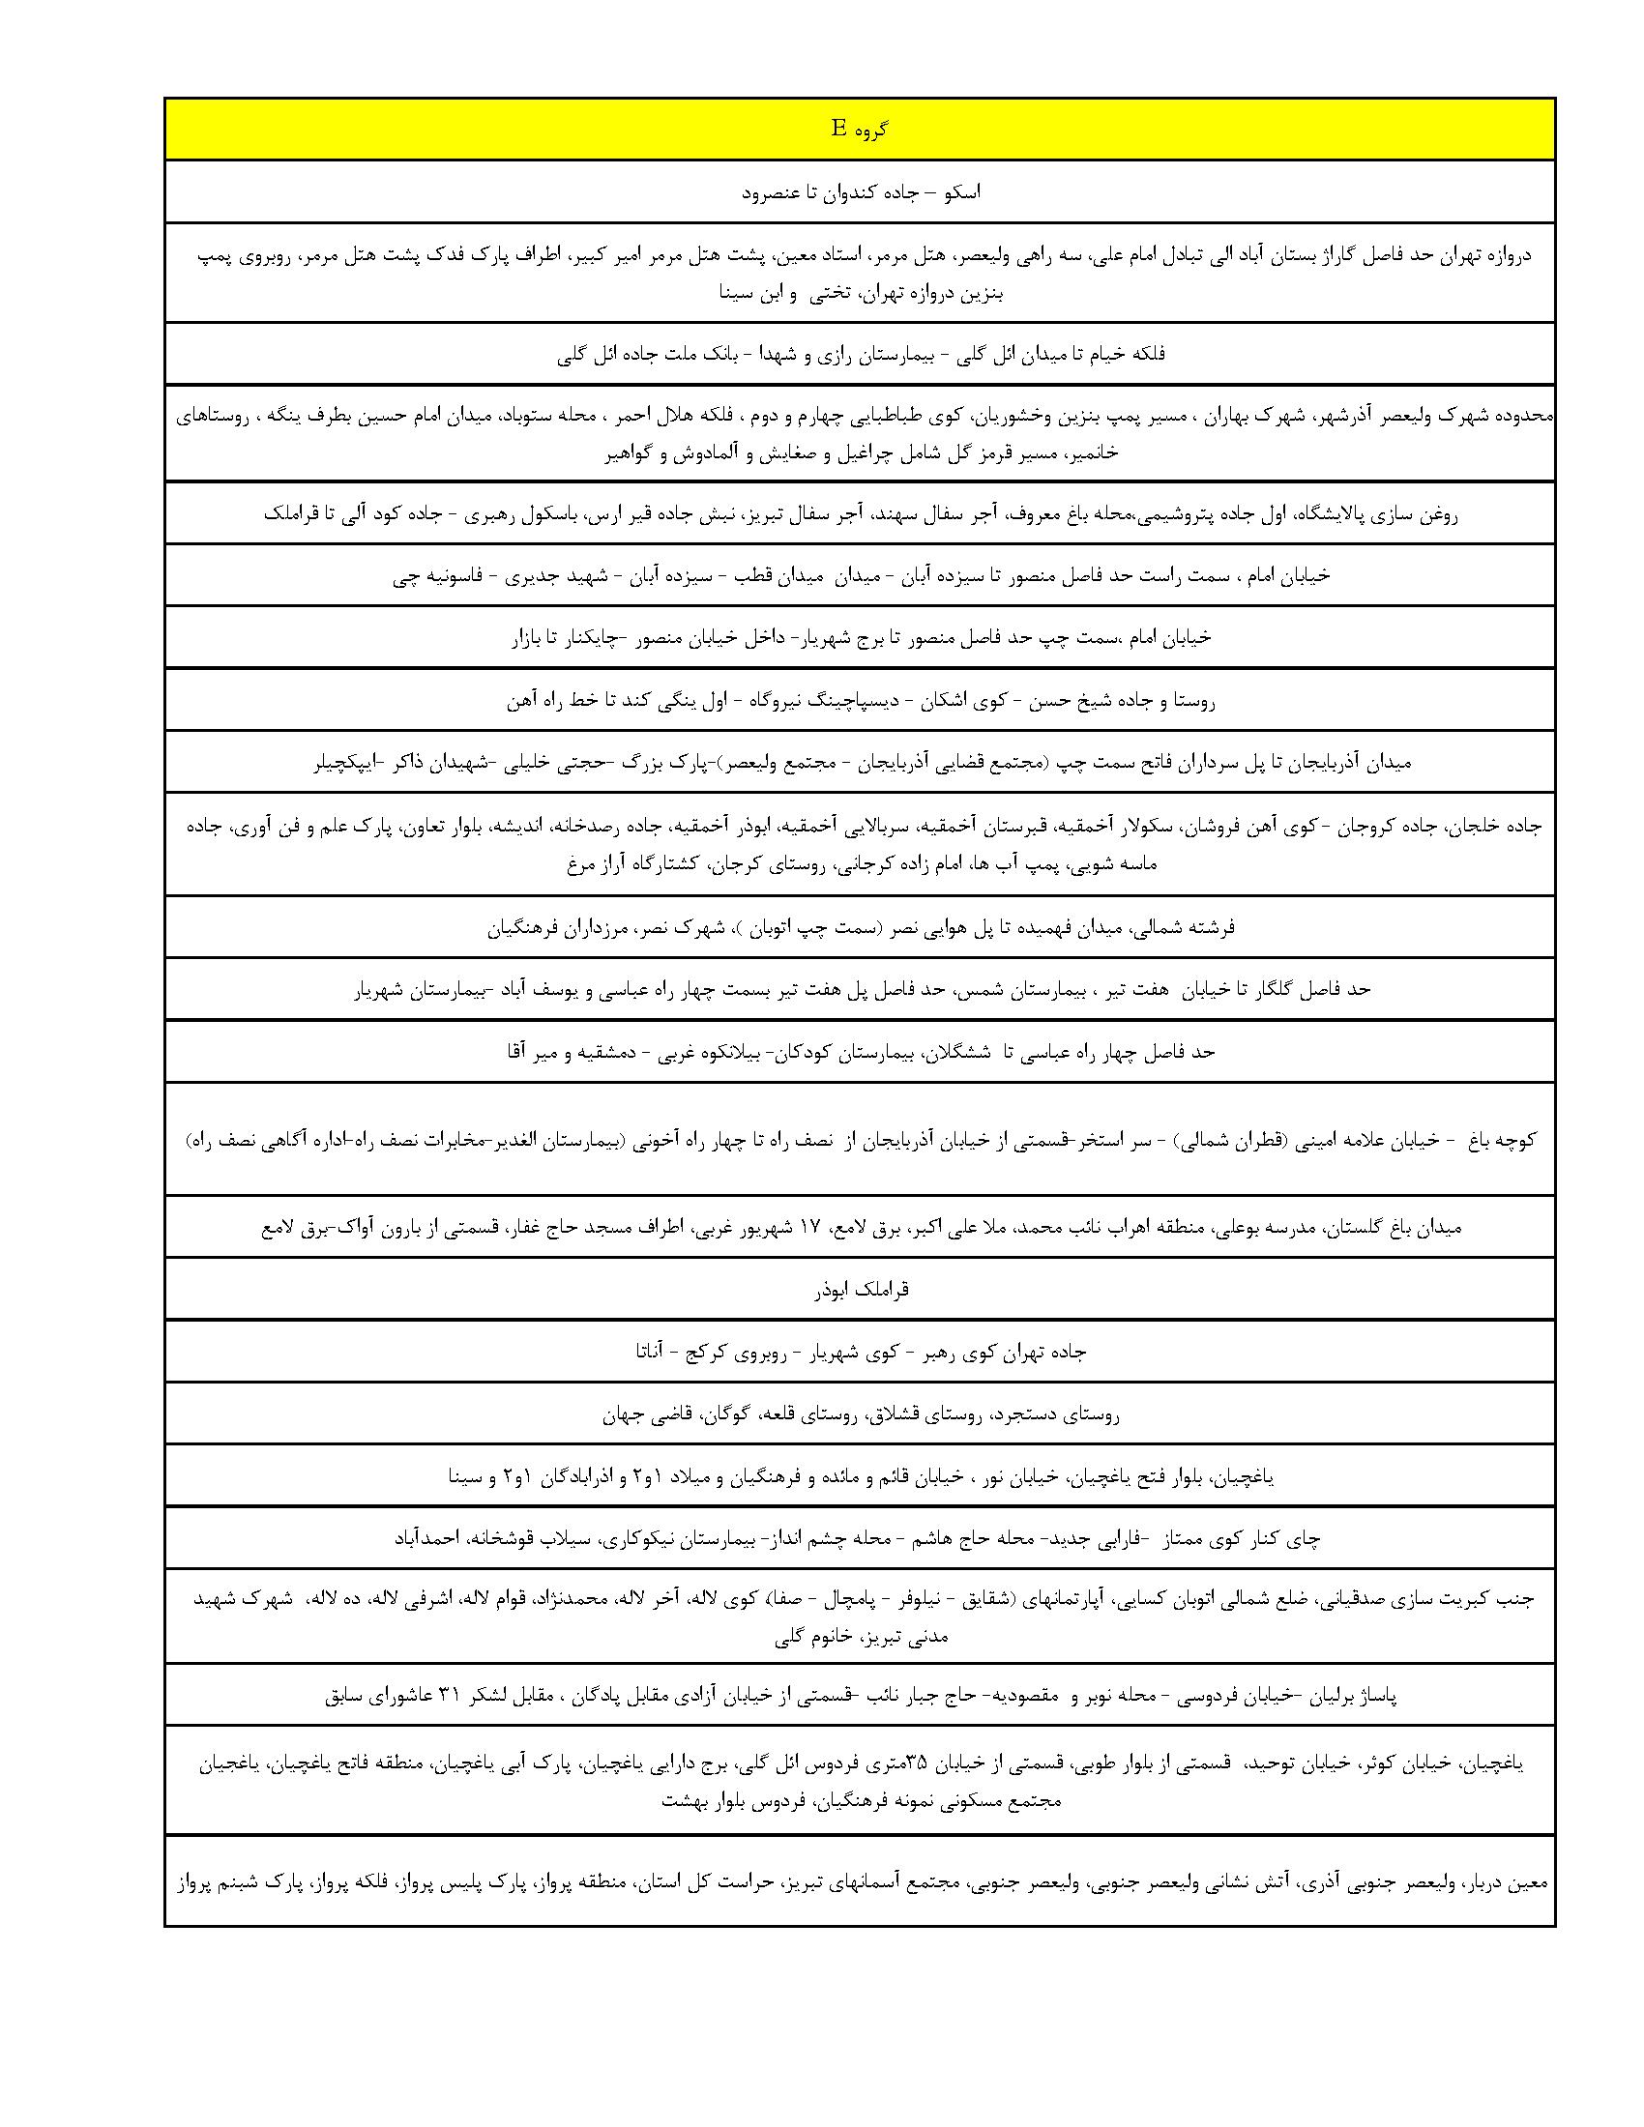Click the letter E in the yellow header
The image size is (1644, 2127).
point(837,129)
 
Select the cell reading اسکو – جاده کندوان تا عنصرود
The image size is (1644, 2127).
point(860,191)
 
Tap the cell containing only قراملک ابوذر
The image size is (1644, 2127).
point(860,1290)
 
